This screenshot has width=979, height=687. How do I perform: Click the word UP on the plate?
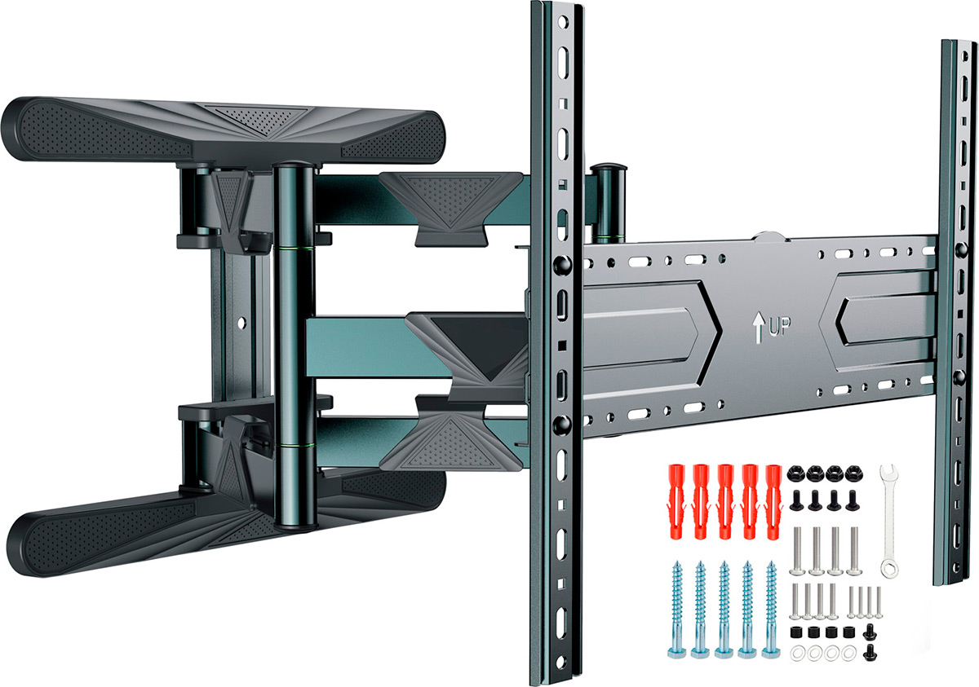click(779, 326)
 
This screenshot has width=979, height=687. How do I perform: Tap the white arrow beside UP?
click(758, 328)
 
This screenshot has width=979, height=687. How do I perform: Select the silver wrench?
click(889, 521)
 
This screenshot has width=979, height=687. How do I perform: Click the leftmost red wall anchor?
click(676, 501)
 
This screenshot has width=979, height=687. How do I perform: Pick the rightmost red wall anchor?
click(773, 501)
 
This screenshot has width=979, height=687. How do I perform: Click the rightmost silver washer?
click(848, 654)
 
